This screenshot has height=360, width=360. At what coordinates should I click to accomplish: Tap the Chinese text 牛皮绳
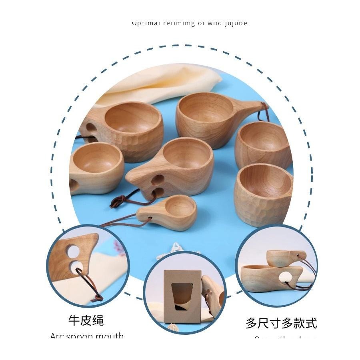(86, 320)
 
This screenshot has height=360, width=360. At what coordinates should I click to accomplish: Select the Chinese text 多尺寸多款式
(281, 323)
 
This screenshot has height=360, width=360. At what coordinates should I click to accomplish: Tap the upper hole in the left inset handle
(73, 251)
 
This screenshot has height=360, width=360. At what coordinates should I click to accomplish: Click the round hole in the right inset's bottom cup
(286, 277)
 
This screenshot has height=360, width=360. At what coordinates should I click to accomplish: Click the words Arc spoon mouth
(87, 336)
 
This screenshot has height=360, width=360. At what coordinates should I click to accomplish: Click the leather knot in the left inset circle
(96, 298)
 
